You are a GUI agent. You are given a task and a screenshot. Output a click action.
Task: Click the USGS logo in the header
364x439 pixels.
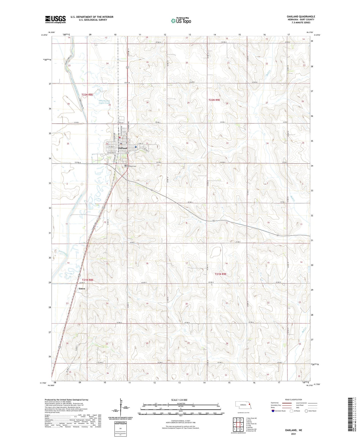click(55, 19)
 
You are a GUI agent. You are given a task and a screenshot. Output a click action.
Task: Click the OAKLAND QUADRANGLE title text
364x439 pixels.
click(301, 17)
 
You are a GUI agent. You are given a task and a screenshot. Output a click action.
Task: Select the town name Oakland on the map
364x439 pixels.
click(123, 148)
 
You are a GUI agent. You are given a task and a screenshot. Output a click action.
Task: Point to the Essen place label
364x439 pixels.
click(82, 288)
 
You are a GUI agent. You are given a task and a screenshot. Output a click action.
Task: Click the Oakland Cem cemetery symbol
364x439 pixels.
click(125, 166)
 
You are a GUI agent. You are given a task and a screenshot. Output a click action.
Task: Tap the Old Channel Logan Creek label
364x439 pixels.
click(104, 102)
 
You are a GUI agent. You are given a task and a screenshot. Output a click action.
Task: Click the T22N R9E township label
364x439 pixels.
click(214, 100)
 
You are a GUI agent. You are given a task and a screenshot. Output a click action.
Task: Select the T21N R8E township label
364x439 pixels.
click(88, 280)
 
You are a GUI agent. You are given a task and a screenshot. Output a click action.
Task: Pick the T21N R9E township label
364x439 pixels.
click(220, 274)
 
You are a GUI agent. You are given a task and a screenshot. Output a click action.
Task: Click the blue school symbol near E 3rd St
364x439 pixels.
click(136, 147)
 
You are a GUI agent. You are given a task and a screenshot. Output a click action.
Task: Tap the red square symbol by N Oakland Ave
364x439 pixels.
click(120, 138)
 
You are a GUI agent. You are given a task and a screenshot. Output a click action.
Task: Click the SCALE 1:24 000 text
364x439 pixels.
click(179, 400)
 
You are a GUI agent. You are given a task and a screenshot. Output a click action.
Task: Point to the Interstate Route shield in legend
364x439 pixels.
click(273, 411)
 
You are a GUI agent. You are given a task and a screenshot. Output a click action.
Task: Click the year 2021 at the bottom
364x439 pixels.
click(293, 434)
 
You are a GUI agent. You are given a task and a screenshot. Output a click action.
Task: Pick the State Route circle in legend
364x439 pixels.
click(306, 411)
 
